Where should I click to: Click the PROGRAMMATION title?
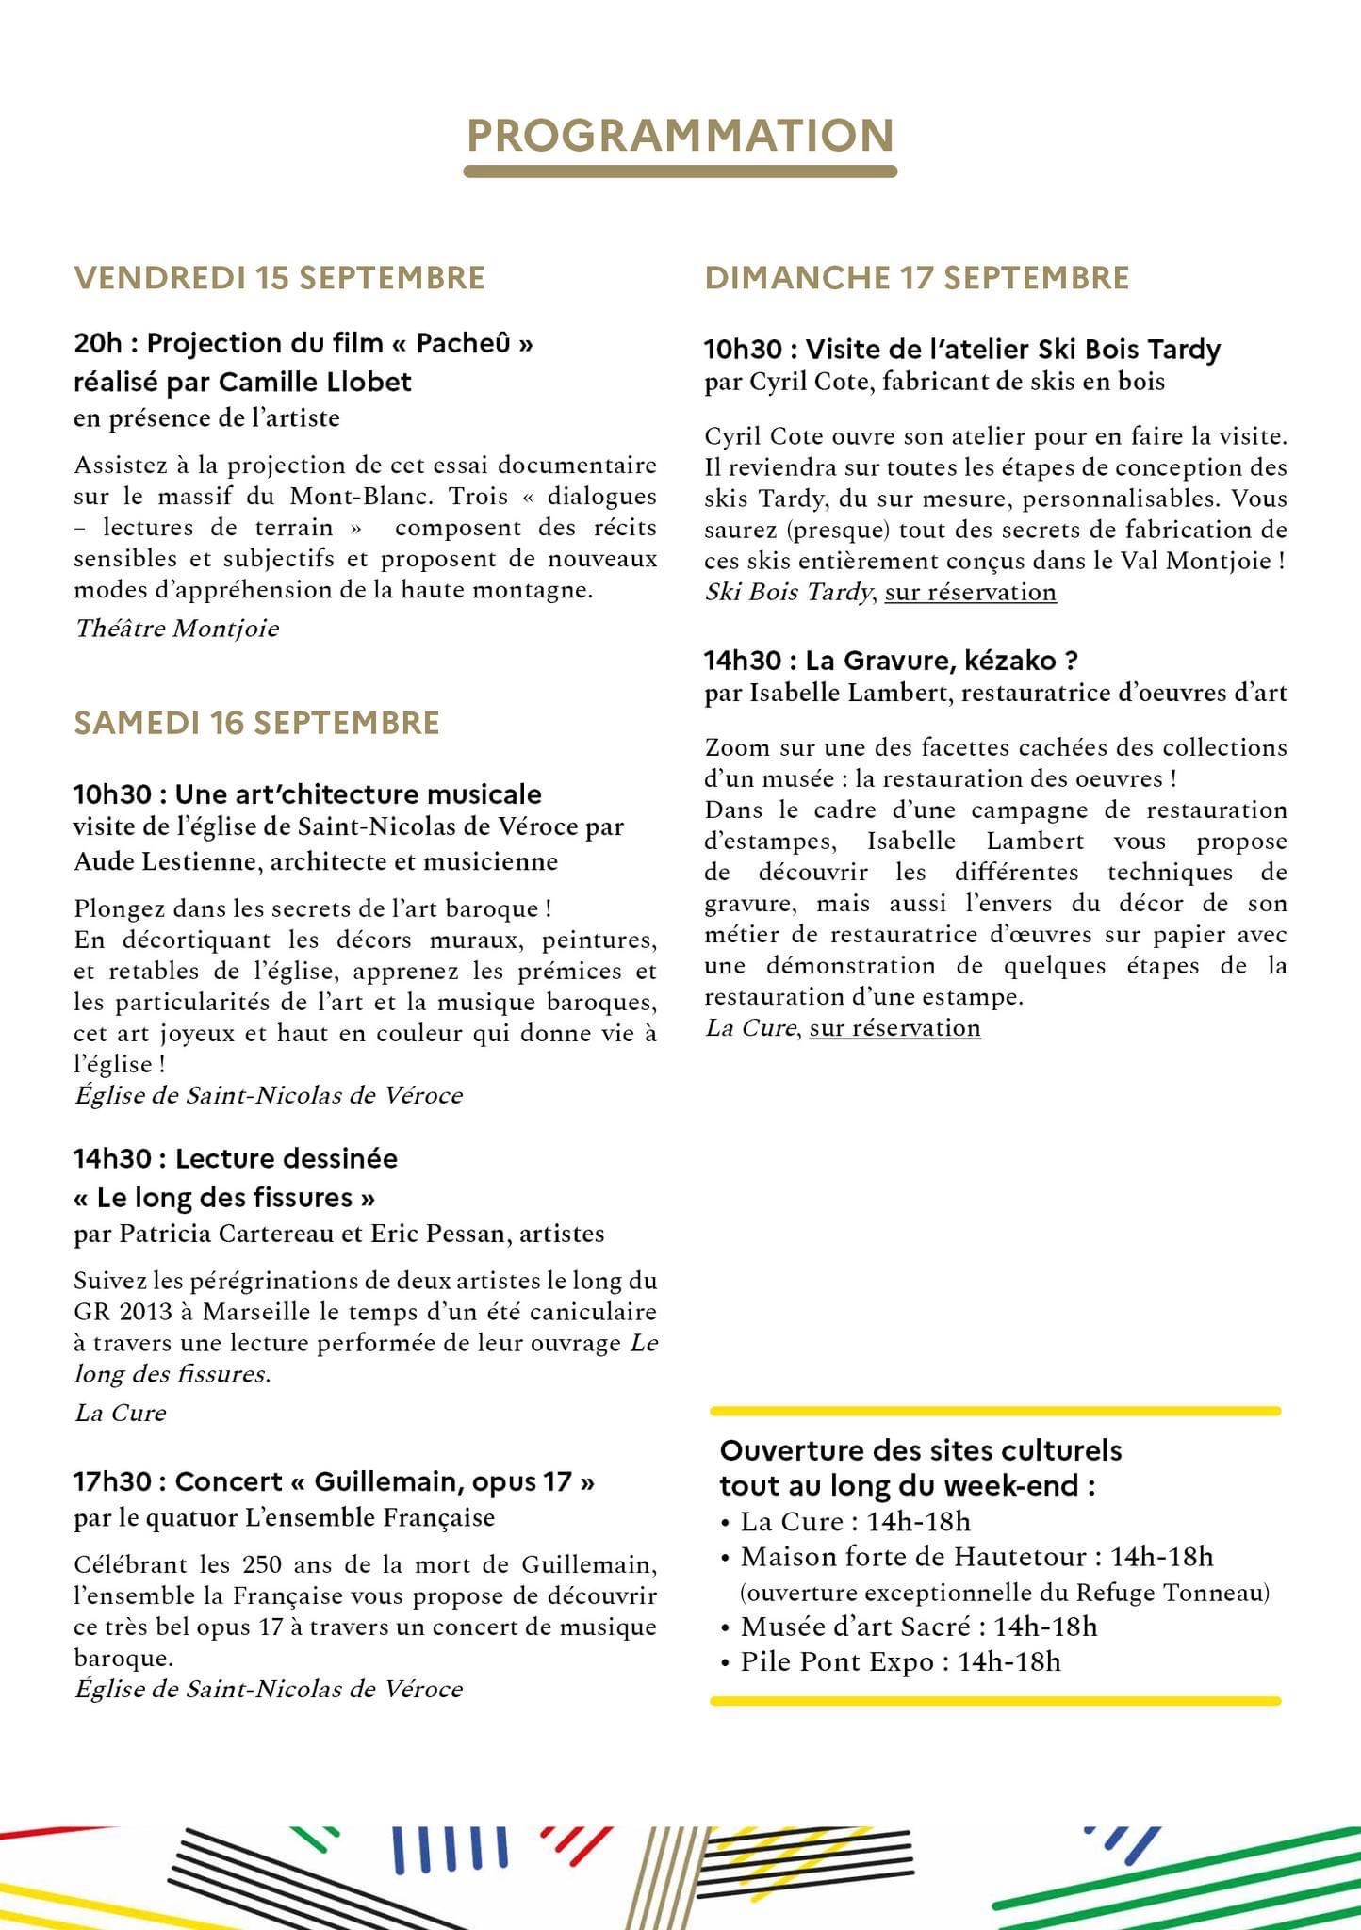pos(680,136)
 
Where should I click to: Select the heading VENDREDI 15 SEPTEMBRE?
pos(279,278)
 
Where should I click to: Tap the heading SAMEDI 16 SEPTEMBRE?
pos(256,723)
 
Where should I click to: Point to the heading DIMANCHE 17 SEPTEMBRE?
pos(916,278)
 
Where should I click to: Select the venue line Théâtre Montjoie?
pos(176,629)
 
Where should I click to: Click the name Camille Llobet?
pos(315,382)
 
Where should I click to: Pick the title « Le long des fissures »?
pos(224,1198)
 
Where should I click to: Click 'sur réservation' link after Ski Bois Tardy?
pos(970,593)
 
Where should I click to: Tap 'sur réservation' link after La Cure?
pos(894,1028)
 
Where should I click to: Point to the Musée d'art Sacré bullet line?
pos(918,1627)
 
